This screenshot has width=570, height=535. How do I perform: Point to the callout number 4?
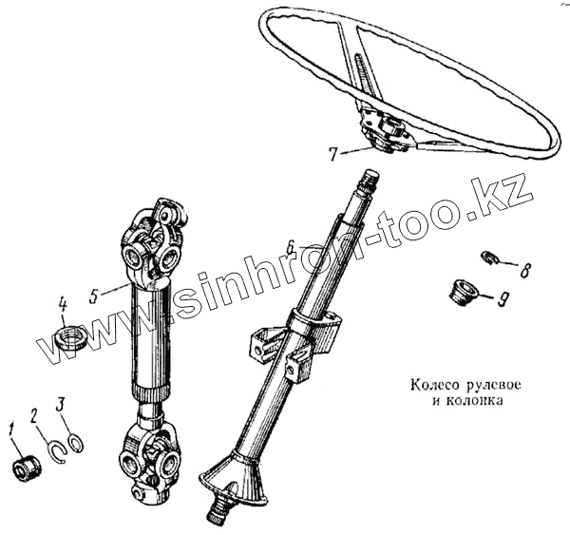(x=63, y=304)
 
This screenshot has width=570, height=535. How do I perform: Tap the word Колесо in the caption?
(x=430, y=387)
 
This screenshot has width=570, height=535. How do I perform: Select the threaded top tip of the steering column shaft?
(x=369, y=179)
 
